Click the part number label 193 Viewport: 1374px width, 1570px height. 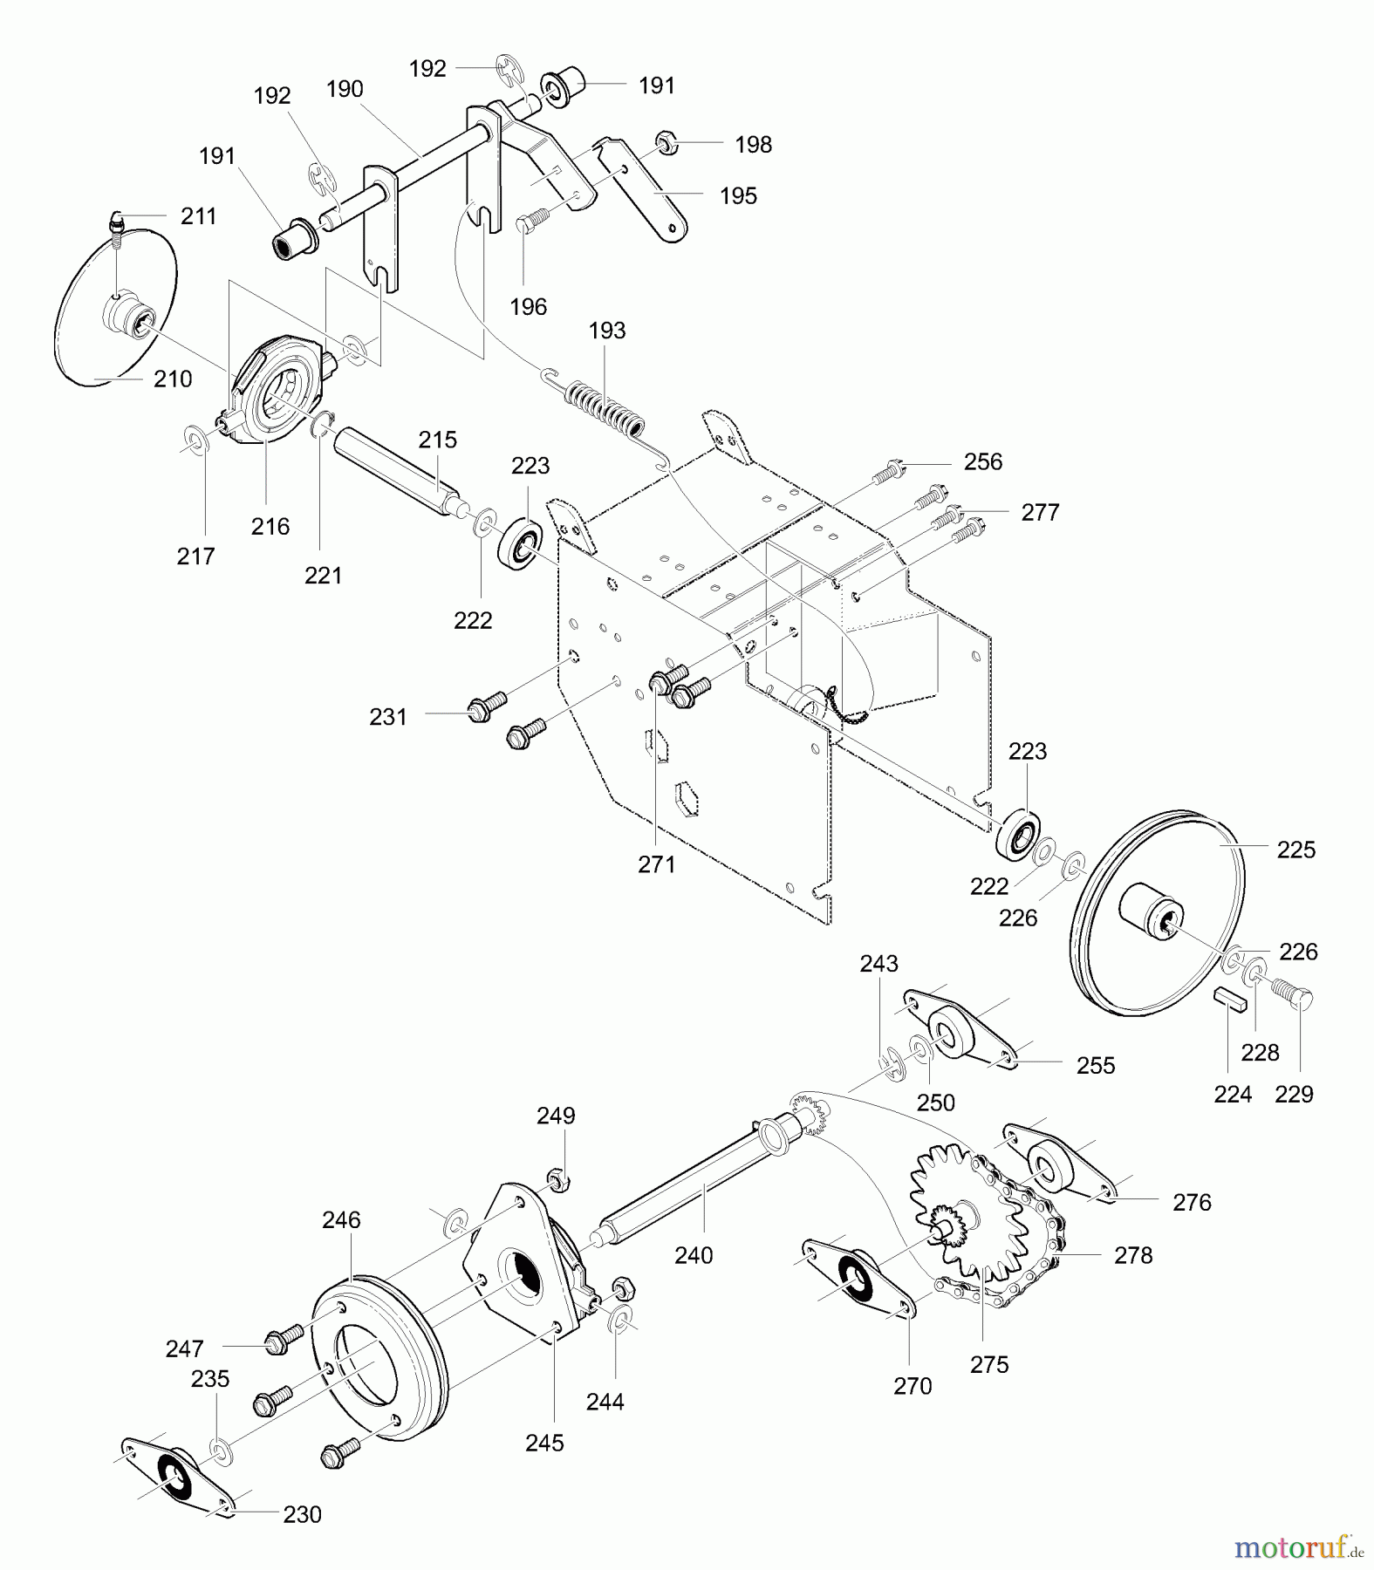(607, 331)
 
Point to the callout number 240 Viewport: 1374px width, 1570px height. (694, 1255)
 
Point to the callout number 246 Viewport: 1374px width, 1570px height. (341, 1220)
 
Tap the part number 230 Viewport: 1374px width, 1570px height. (303, 1515)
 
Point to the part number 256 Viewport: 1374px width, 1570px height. (983, 462)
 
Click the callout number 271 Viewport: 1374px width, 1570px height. (657, 864)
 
